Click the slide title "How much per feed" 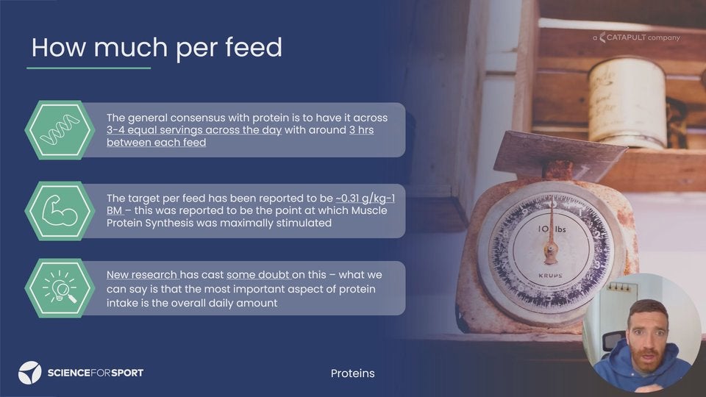tap(157, 48)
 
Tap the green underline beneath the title tap(89, 68)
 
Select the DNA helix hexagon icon tap(60, 129)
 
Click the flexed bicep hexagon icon tap(60, 211)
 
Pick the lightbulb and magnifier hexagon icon tap(60, 288)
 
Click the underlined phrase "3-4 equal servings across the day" tap(194, 130)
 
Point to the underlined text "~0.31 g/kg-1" tap(366, 198)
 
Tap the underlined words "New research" tap(142, 274)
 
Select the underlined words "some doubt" tap(258, 274)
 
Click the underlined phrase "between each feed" tap(156, 142)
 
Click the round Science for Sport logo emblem tap(29, 373)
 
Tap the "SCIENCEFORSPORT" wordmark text tap(96, 373)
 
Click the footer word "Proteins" tap(352, 373)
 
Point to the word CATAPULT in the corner tap(627, 37)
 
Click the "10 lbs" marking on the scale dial tap(552, 229)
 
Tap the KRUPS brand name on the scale tap(550, 276)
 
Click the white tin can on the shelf tap(627, 103)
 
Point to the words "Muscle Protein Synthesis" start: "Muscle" tap(369, 210)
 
